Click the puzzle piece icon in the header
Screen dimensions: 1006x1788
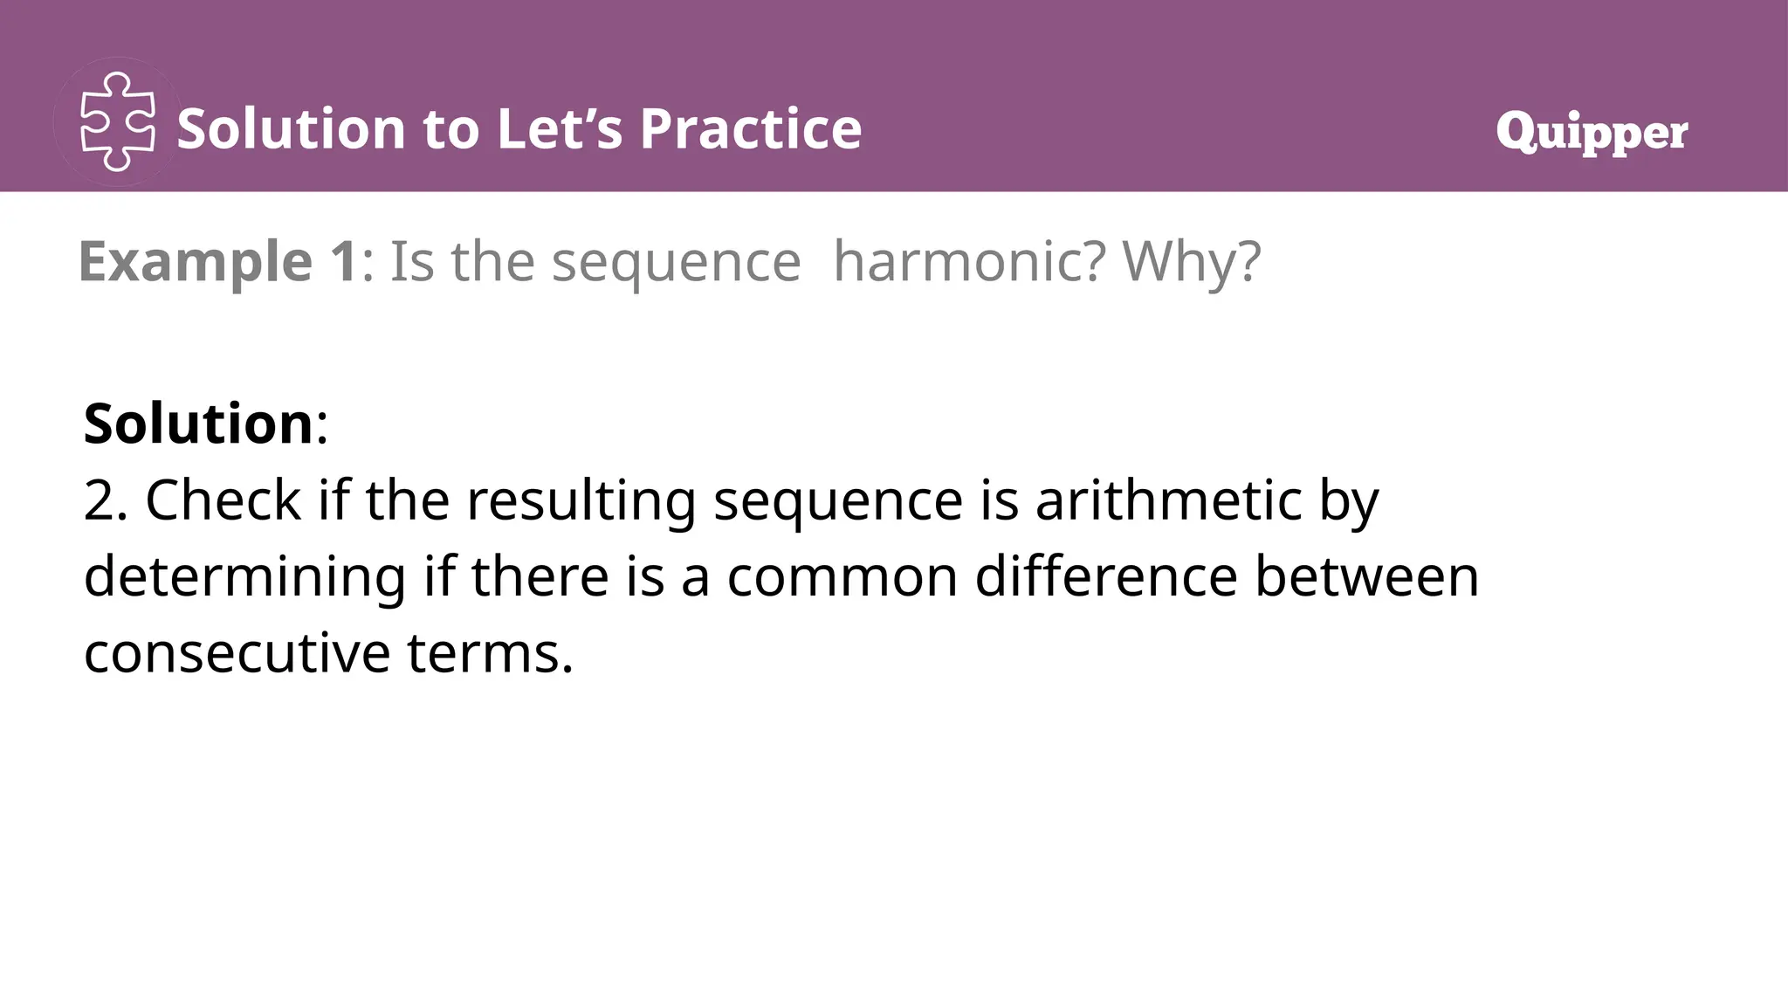coord(118,122)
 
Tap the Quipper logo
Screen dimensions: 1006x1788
coord(1591,132)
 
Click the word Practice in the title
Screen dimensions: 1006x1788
coord(750,129)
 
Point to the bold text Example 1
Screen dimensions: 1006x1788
coord(217,261)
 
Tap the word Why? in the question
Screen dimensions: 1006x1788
coord(1192,261)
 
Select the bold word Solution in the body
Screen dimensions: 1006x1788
coord(198,424)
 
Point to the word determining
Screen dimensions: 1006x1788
coord(245,578)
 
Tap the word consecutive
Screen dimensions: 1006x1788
coord(237,653)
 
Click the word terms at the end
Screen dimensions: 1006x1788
coord(489,653)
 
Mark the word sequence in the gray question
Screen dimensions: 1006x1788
coord(676,263)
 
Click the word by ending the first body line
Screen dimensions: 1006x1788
coord(1348,502)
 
